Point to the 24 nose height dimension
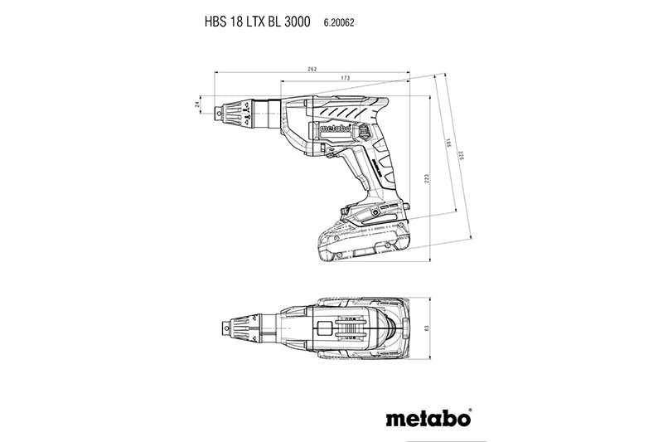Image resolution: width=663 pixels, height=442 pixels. click(x=197, y=104)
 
